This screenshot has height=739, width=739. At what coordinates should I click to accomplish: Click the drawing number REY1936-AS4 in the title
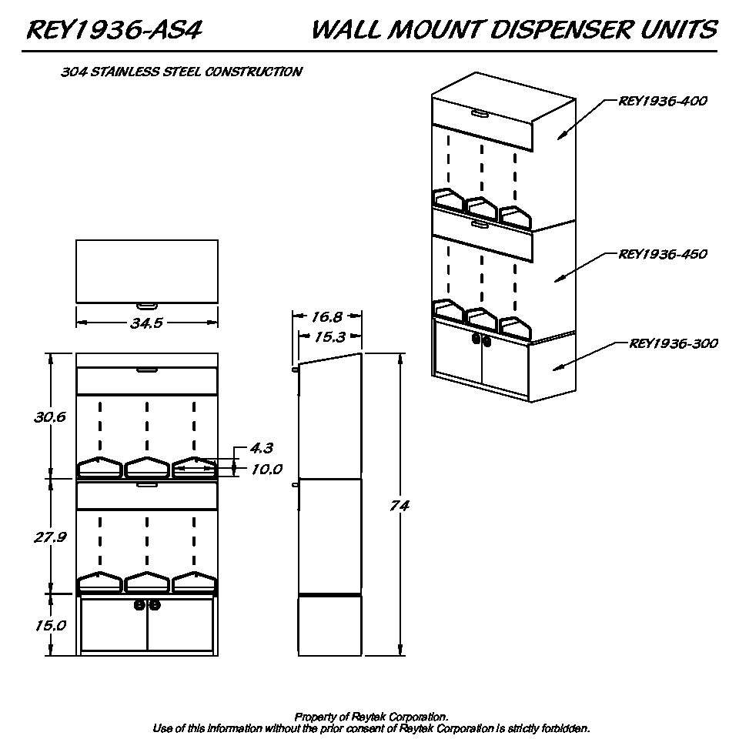tap(115, 30)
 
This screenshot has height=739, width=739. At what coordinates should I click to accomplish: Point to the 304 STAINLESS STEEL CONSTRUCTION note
tap(182, 72)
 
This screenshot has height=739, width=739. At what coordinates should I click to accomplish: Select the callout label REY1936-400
tap(663, 101)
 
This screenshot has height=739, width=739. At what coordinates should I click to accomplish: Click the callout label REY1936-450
tap(663, 255)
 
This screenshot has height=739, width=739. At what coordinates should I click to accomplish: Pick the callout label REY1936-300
tap(674, 343)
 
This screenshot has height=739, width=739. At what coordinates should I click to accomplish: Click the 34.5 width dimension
tap(146, 323)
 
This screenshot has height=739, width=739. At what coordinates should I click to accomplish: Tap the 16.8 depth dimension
tap(326, 316)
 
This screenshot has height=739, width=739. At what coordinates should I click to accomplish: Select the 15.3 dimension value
tap(329, 337)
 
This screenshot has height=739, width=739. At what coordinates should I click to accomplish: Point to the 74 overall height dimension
tap(400, 506)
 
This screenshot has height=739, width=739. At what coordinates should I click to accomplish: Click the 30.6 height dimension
tap(50, 417)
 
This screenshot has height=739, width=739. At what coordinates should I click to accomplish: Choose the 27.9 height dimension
tap(50, 537)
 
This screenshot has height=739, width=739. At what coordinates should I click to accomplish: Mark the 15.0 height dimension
tap(51, 625)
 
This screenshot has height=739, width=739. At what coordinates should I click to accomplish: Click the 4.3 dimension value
tap(262, 448)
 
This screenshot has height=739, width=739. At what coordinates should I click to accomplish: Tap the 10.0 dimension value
tap(267, 470)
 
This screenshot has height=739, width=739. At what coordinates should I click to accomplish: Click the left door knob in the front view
tap(140, 605)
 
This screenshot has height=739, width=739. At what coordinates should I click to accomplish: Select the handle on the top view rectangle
tap(147, 306)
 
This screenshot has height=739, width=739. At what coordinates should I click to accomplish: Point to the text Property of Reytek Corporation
tap(371, 717)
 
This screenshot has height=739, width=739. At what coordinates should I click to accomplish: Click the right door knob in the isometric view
tap(487, 341)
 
